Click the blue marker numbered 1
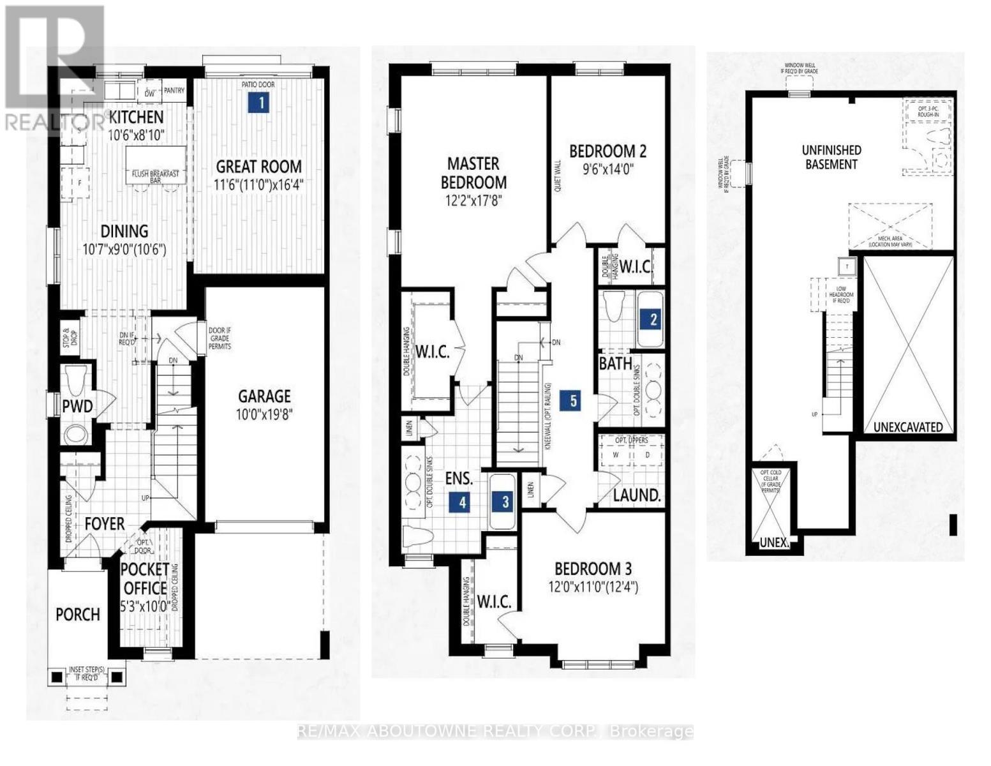(258, 103)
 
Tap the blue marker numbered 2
(653, 319)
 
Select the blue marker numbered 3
(505, 502)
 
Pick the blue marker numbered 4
(461, 502)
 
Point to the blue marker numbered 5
(572, 401)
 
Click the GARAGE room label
(264, 396)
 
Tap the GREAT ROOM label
(258, 167)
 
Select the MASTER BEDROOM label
(473, 173)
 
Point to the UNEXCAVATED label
(908, 427)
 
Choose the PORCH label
(78, 614)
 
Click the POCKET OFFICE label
(145, 578)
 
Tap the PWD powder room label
(77, 406)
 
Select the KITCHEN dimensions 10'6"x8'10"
(135, 135)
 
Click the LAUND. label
(636, 495)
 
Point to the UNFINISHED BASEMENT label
(831, 157)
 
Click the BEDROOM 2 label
(607, 151)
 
